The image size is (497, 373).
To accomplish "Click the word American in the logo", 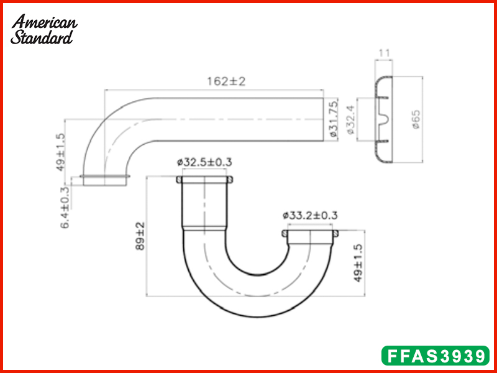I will [45, 22].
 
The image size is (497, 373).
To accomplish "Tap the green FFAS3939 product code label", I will [435, 356].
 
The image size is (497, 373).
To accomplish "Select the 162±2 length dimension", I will [226, 81].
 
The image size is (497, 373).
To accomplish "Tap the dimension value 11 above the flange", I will [384, 53].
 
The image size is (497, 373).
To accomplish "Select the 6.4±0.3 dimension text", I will [65, 208].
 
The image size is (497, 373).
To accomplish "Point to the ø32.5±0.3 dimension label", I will [204, 162].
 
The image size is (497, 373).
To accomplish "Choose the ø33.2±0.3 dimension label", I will [310, 216].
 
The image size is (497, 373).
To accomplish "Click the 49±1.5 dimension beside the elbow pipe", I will [60, 151].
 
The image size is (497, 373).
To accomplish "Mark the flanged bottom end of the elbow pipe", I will [105, 180].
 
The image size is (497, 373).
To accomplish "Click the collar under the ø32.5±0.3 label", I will [205, 180].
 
